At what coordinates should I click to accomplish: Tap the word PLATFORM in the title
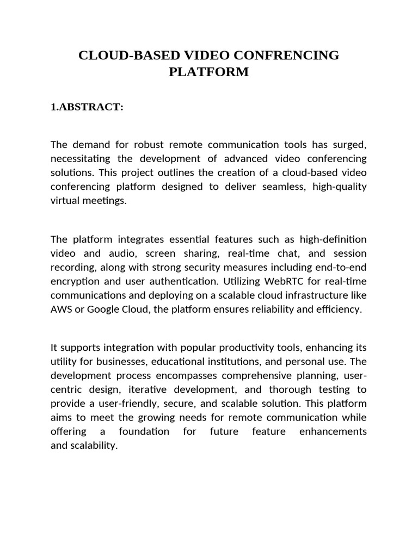coord(209,72)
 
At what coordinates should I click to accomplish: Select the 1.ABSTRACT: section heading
coord(87,107)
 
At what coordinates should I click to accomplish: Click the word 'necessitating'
coord(77,158)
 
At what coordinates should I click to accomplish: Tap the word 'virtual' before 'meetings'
coord(65,201)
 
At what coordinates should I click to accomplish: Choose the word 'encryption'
coord(75,281)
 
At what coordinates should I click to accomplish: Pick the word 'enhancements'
coord(333,432)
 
